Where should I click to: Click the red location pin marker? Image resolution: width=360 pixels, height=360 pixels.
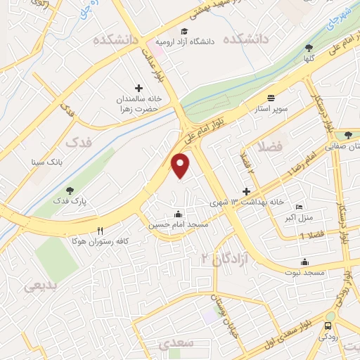coord(181,165)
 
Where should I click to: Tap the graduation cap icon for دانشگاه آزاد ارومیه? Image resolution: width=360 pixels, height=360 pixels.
coord(184,32)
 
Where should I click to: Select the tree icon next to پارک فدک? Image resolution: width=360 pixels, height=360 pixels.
coord(69,190)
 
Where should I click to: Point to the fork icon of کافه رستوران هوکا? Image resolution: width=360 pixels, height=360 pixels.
coord(101,230)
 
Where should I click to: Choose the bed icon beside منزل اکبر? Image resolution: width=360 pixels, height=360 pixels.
coord(299,208)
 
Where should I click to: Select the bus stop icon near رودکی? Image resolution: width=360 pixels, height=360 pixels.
coord(328,326)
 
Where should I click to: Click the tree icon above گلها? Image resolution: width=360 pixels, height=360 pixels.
coord(309,48)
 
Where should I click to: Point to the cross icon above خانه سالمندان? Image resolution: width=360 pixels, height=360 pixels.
coord(139,89)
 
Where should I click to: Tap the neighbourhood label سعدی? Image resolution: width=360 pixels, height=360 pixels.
coord(172,344)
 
